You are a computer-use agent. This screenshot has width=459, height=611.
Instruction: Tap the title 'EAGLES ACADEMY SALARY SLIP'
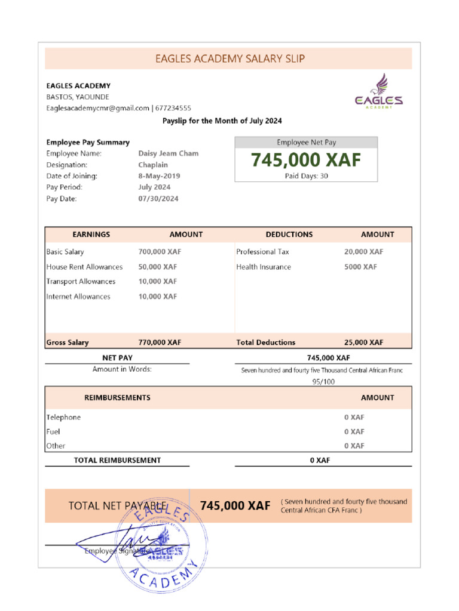[x=230, y=58]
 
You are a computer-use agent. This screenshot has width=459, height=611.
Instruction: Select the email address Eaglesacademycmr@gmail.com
[x=98, y=108]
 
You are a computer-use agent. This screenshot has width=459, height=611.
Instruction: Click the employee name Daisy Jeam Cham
[x=169, y=153]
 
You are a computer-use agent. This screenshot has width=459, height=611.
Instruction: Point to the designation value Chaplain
[x=153, y=165]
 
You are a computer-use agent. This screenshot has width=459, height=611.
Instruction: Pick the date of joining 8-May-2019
[x=159, y=176]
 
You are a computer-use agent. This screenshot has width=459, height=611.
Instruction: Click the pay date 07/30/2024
[x=158, y=199]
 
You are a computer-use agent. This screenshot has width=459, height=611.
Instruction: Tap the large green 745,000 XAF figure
[x=306, y=160]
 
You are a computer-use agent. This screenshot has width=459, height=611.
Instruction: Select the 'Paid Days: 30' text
[x=306, y=176]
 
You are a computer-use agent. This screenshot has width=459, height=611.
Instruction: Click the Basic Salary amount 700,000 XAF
[x=160, y=252]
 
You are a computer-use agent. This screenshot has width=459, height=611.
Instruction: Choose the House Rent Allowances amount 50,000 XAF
[x=158, y=267]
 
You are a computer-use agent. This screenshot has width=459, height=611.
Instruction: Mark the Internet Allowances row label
[x=78, y=297]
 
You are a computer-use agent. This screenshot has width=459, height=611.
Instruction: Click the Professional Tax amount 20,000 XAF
[x=364, y=252]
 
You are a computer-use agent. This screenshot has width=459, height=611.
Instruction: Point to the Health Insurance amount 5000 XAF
[x=360, y=267]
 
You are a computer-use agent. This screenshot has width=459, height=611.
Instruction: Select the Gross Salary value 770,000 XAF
[x=160, y=342]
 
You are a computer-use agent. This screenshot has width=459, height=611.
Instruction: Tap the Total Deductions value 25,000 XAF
[x=364, y=342]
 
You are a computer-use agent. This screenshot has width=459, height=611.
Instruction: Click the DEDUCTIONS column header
[x=289, y=234]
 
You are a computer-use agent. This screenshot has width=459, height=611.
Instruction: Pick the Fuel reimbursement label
[x=53, y=431]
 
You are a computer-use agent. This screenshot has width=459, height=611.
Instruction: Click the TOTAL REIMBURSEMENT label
[x=117, y=460]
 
